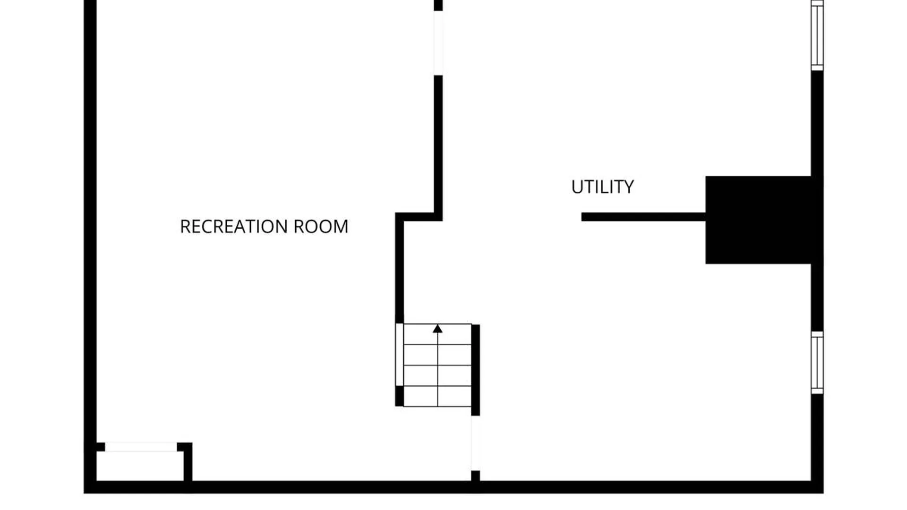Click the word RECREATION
tap(234, 227)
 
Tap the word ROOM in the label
tap(321, 227)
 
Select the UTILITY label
tap(602, 187)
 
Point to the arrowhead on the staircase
tap(437, 329)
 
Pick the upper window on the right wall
tap(817, 35)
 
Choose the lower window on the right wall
tap(817, 363)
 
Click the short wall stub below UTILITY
tap(643, 217)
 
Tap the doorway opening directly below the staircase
tap(475, 443)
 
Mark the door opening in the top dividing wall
tap(438, 43)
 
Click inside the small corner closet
tap(140, 466)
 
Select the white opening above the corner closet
tap(141, 447)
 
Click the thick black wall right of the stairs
tap(476, 370)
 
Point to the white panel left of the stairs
tap(399, 355)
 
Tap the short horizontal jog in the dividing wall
tap(419, 217)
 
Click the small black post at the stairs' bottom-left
tap(399, 396)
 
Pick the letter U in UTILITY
tap(576, 187)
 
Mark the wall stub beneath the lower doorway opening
tap(476, 476)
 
